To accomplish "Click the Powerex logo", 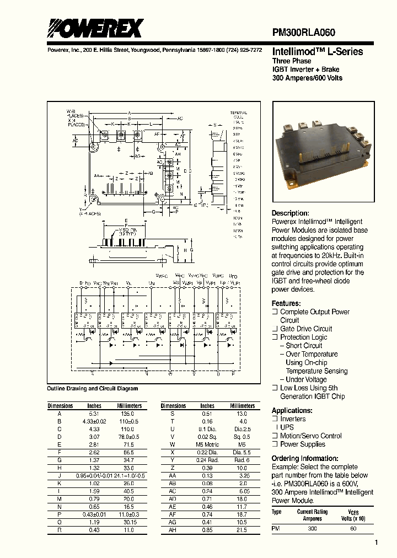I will coord(94,28).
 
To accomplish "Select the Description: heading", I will coord(290,213).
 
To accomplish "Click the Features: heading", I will coord(286,303).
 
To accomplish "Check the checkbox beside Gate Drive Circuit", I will coord(275,329).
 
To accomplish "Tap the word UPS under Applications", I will coord(287,427).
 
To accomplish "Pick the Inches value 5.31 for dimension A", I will coord(94,413).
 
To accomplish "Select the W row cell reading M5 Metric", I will coord(207,444).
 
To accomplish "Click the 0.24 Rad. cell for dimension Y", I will coord(207,459).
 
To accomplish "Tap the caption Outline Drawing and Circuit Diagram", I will coord(93,389).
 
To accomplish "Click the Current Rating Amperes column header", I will coord(313,515).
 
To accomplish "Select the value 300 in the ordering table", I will coord(312,528).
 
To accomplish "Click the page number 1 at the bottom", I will coord(376,543).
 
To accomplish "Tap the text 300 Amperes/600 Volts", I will coord(307,78).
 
